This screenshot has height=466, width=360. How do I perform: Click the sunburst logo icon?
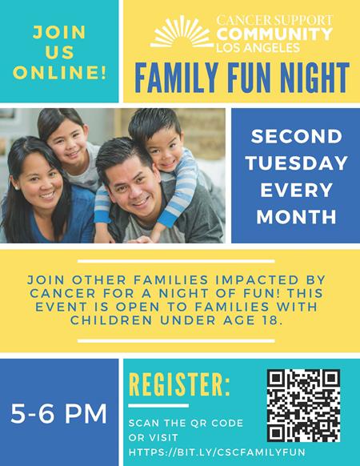click(x=182, y=32)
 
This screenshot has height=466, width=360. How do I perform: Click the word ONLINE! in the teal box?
click(x=59, y=72)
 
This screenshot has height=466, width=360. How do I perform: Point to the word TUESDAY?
click(x=297, y=163)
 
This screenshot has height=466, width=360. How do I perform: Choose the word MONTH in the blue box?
click(x=297, y=216)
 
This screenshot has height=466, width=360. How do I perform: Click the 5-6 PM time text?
click(x=59, y=413)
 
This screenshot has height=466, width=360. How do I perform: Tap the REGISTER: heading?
click(x=179, y=385)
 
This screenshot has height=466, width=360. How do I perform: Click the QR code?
click(x=303, y=405)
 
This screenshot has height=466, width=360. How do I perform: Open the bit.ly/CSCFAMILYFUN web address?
click(x=217, y=452)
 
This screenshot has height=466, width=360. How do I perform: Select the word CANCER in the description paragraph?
click(x=62, y=293)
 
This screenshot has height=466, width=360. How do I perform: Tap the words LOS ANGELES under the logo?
click(x=258, y=47)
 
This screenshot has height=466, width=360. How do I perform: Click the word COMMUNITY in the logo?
click(x=274, y=34)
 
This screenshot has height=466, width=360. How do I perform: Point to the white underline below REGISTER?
click(x=158, y=406)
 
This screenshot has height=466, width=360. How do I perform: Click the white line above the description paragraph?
click(x=176, y=261)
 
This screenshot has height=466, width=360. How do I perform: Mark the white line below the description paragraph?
click(x=176, y=341)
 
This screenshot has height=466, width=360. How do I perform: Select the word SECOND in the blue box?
click(x=297, y=136)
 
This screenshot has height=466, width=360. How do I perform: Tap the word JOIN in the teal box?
click(x=59, y=32)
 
